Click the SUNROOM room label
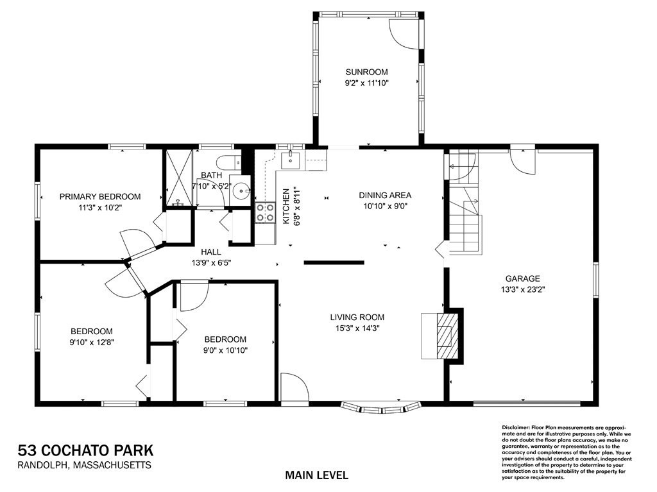pos(366,72)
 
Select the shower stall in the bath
pos(179,178)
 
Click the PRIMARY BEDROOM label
pos(100,196)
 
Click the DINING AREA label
pos(385,196)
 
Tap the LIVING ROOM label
pos(357,317)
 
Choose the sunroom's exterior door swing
pos(402,31)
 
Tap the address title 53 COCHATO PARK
pos(85,450)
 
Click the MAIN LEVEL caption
pos(317,475)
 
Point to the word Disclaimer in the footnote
pos(515,427)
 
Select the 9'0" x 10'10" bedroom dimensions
pos(225,350)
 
